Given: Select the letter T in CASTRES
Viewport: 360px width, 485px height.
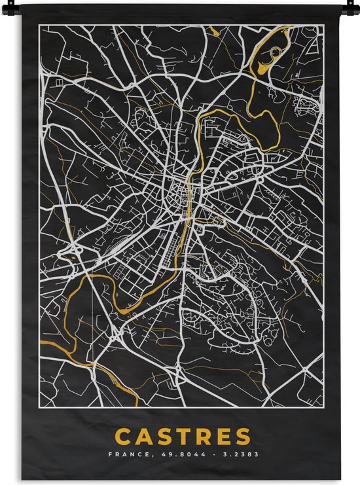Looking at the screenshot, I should (x=189, y=437).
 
